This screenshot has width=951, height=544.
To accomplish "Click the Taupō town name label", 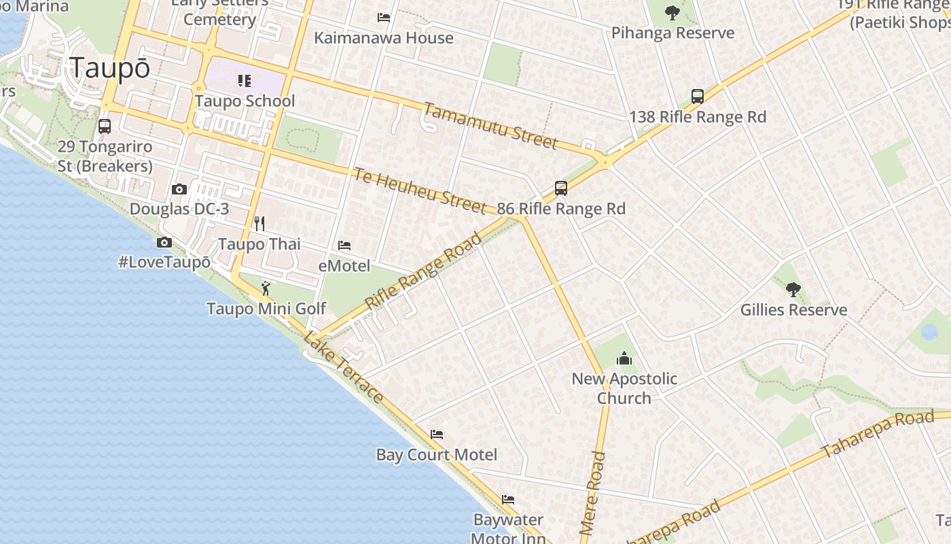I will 109,68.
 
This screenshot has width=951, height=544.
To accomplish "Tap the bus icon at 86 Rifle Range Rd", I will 561,188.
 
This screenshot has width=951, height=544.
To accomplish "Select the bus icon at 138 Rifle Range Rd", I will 698,97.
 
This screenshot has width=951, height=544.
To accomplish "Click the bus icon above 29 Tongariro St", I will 105,126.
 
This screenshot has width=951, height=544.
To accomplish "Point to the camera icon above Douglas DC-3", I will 179,189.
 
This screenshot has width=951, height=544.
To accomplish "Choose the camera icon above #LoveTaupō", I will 164,242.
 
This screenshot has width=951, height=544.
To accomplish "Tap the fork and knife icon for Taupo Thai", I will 259,224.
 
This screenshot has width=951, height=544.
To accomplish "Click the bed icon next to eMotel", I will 344,245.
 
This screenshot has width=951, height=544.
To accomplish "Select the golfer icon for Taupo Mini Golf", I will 266,288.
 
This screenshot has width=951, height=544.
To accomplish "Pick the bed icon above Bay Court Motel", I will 437,435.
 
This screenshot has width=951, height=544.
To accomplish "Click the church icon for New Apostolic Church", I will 624,358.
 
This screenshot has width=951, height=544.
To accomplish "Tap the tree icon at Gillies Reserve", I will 793,290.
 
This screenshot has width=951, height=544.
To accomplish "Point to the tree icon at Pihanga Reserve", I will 672,12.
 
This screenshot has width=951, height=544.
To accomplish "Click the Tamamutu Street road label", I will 491,126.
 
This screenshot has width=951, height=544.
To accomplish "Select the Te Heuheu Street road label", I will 419,190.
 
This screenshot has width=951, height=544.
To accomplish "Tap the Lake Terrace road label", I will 344,367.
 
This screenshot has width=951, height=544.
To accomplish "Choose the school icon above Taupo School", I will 245,82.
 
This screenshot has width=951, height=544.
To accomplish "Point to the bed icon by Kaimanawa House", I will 384,18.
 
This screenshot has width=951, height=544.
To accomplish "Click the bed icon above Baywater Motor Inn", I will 508,500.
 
